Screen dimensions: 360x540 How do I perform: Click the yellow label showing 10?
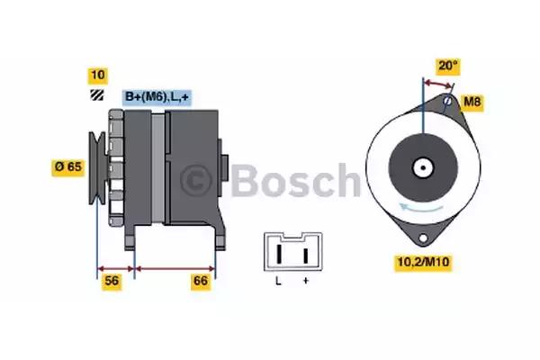pos(96,75)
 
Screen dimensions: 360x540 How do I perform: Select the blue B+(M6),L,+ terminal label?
pos(159,96)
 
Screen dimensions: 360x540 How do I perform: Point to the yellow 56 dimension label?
pos(112,282)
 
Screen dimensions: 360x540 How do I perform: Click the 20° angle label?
pos(447,66)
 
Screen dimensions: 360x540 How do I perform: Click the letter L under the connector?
pos(279,282)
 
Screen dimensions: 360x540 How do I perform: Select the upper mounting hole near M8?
pos(447,100)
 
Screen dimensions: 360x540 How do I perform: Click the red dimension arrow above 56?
pos(115,267)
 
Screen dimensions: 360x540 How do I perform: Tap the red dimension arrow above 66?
pos(175,267)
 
